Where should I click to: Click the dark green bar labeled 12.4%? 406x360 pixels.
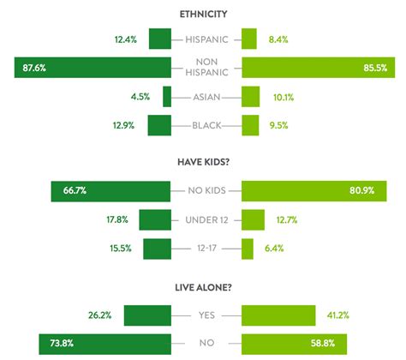pyautogui.click(x=159, y=39)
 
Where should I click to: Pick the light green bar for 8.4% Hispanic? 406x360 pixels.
pyautogui.click(x=249, y=39)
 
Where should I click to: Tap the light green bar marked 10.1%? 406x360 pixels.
pyautogui.click(x=251, y=97)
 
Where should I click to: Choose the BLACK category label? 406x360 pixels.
pyautogui.click(x=206, y=125)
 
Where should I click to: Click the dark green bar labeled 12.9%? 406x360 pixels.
pyautogui.click(x=159, y=125)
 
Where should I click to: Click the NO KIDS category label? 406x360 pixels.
pyautogui.click(x=206, y=191)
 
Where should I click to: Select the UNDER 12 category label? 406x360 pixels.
pyautogui.click(x=206, y=220)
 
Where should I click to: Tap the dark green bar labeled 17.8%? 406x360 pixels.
pyautogui.click(x=155, y=220)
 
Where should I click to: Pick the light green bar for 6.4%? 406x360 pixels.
pyautogui.click(x=248, y=249)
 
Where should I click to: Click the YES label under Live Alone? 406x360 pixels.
pyautogui.click(x=206, y=315)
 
